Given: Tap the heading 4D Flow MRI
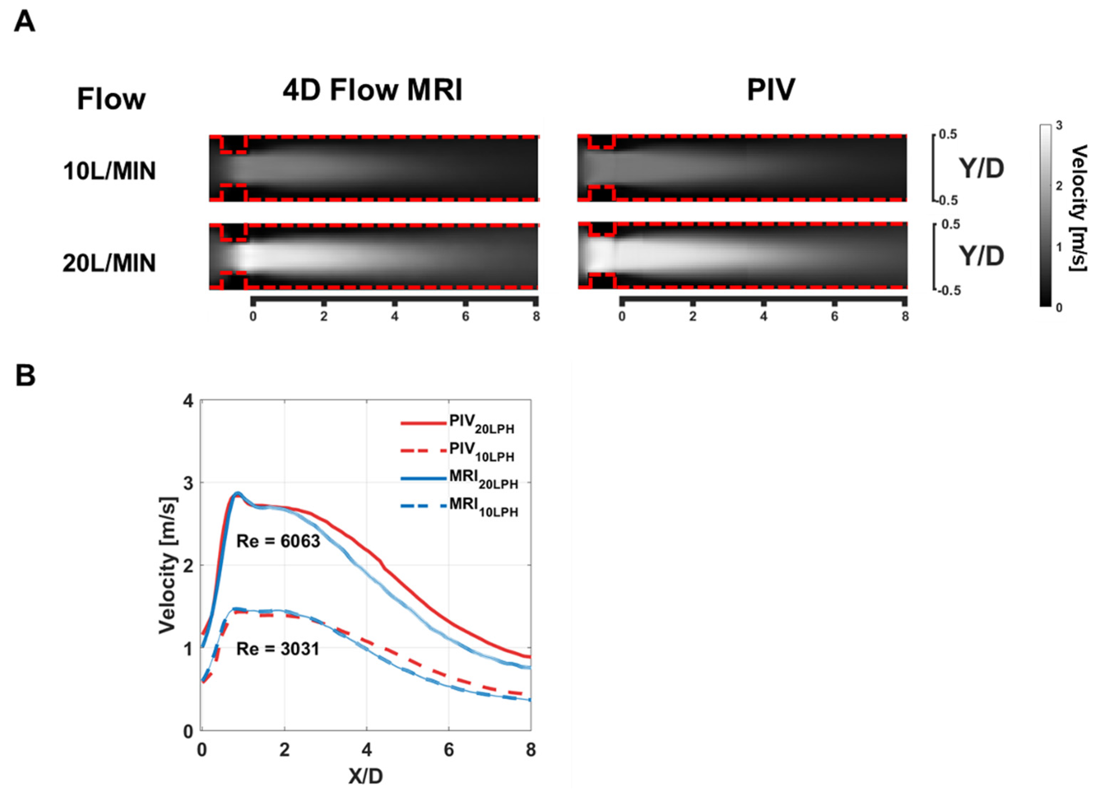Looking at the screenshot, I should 372,90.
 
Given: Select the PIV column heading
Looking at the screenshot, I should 771,90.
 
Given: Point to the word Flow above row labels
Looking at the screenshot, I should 111,99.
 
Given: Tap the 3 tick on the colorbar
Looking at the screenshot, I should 1059,125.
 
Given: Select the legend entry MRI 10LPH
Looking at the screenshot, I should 483,507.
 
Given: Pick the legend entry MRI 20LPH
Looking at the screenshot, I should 483,479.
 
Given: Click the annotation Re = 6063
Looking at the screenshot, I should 278,541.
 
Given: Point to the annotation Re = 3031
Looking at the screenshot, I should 278,648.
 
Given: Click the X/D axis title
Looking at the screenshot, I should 366,776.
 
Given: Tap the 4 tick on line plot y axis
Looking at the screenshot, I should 188,401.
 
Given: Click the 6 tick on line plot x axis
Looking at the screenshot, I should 449,750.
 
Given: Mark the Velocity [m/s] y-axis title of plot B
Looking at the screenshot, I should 168,565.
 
